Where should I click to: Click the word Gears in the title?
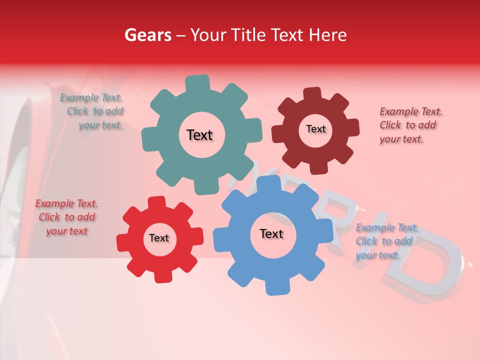[147, 35]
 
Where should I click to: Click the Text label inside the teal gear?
[199, 135]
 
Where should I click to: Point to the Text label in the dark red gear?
[315, 129]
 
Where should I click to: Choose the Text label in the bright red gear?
[159, 238]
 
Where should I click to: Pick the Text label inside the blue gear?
[271, 233]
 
